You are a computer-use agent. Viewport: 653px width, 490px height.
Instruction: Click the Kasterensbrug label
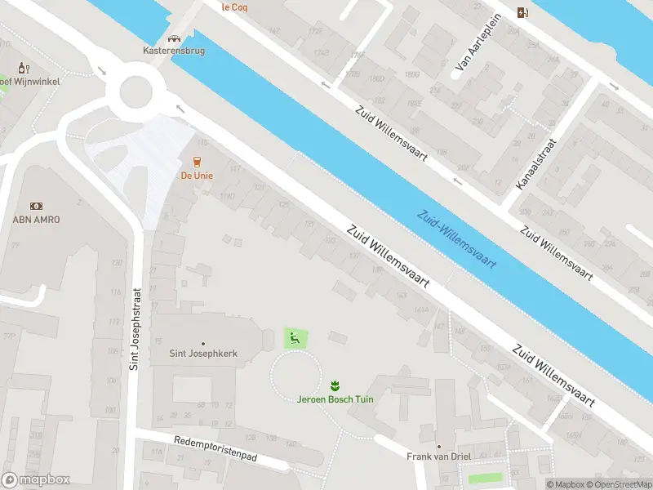[x=173, y=51]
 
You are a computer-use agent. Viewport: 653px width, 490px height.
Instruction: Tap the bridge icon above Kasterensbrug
[x=173, y=38]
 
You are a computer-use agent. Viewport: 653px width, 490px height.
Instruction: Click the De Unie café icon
[x=196, y=162]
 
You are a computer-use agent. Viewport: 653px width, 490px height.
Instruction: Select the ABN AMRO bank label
[x=36, y=219]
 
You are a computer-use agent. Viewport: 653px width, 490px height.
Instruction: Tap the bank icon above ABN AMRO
[x=36, y=207]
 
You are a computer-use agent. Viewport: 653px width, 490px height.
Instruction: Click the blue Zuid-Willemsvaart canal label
[x=457, y=239]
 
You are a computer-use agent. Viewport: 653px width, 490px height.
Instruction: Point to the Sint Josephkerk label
[x=202, y=354]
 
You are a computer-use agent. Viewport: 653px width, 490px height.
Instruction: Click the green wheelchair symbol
[x=295, y=337]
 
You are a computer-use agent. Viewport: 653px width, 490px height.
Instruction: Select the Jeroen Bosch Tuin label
[x=333, y=398]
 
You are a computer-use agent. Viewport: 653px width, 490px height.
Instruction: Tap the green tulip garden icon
[x=333, y=385]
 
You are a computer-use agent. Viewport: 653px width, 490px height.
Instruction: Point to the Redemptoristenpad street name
[x=215, y=449]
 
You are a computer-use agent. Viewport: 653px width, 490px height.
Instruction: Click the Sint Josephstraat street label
[x=135, y=327]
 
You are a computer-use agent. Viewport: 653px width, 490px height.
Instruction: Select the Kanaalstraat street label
[x=535, y=164]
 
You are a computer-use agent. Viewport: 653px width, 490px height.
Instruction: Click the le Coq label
[x=235, y=7]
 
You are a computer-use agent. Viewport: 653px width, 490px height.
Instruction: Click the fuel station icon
[x=522, y=11]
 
